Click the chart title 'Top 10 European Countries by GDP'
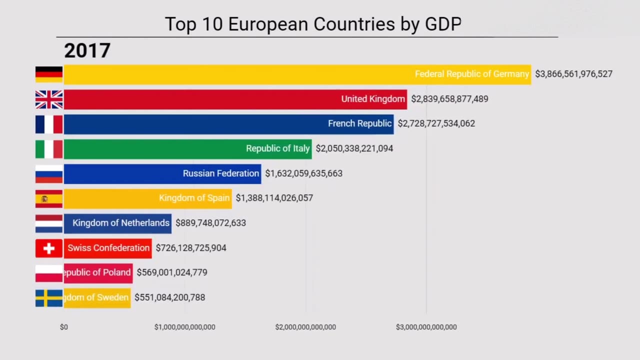click(x=313, y=24)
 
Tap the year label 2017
click(x=87, y=51)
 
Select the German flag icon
click(x=49, y=74)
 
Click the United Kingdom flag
click(x=49, y=99)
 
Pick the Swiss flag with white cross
click(x=49, y=248)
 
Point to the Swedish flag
click(x=49, y=298)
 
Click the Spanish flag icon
click(x=49, y=198)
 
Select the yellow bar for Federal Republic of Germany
click(x=297, y=74)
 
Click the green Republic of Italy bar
click(x=187, y=149)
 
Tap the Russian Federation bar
click(x=162, y=173)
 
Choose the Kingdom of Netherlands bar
click(x=117, y=223)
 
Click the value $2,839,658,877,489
click(x=449, y=99)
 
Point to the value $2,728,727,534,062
click(x=436, y=123)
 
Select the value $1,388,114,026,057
click(x=274, y=198)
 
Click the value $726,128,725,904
click(x=190, y=248)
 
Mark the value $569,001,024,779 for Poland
click(x=171, y=272)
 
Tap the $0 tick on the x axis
click(x=64, y=327)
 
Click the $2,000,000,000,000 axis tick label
click(x=305, y=327)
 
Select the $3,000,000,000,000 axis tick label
click(x=426, y=327)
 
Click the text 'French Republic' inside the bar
click(x=359, y=123)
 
